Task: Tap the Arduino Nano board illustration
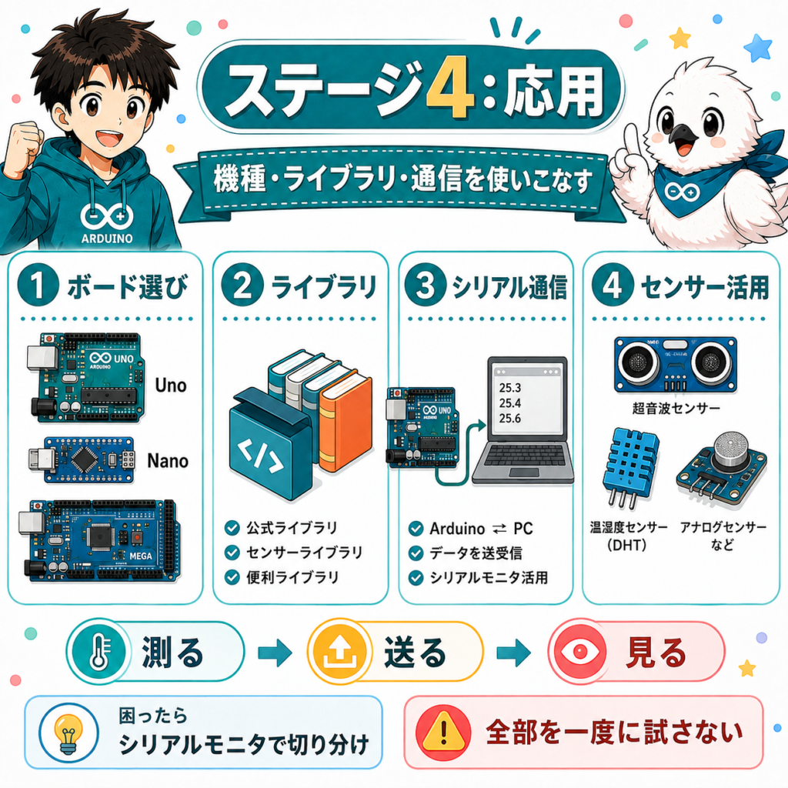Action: [82, 459]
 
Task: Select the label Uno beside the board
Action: [171, 386]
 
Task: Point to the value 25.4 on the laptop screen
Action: [509, 403]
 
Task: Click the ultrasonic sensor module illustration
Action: [676, 364]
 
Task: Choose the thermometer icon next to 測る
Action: [99, 652]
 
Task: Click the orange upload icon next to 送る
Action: [339, 652]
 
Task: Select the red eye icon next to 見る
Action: [580, 652]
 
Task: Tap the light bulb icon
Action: [68, 733]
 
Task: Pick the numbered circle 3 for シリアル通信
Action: [425, 285]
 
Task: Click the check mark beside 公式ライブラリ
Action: [232, 528]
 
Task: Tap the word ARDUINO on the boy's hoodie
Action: [107, 239]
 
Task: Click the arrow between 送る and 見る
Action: [513, 653]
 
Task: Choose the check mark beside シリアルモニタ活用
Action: [416, 577]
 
